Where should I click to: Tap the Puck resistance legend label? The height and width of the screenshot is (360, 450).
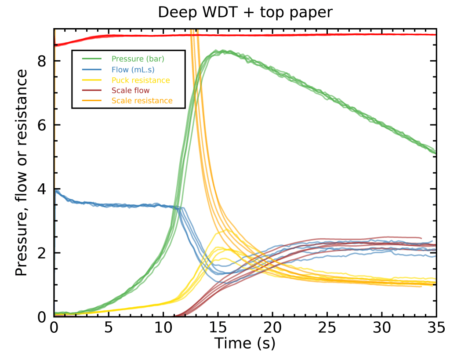(141, 80)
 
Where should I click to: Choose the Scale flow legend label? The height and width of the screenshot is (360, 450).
(131, 91)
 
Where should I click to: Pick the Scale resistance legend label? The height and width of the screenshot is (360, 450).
(142, 101)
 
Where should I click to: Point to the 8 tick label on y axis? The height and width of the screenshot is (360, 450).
(42, 61)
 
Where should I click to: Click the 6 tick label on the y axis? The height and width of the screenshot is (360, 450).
(42, 125)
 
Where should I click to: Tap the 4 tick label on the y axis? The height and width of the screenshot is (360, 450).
(42, 189)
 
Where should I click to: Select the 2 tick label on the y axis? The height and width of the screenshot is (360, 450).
(42, 253)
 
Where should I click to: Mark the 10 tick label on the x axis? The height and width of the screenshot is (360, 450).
(163, 327)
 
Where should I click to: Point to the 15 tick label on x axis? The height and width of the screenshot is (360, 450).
(218, 327)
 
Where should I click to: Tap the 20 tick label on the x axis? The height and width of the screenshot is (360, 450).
(272, 327)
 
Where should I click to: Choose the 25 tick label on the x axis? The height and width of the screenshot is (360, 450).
(327, 327)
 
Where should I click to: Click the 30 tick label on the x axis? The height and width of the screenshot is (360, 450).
(381, 327)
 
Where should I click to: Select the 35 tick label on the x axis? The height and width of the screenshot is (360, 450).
(436, 327)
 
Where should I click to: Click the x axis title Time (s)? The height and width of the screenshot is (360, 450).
(245, 343)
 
